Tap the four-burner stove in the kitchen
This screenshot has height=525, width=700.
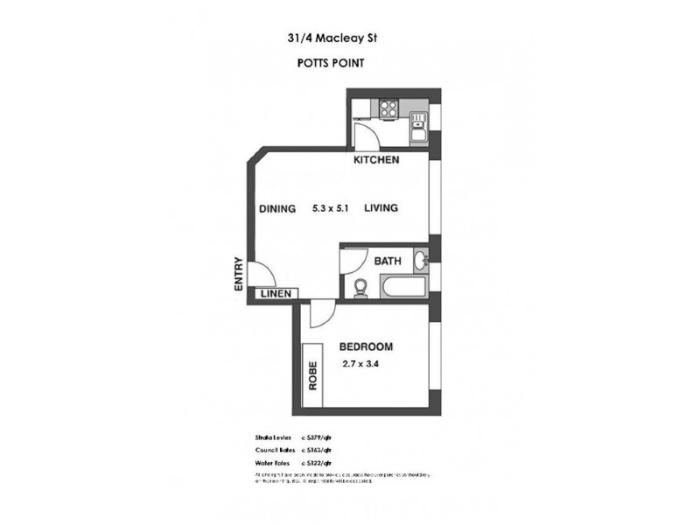(x=388, y=109)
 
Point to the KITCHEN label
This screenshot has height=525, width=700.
(x=376, y=160)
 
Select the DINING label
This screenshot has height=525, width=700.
(x=279, y=208)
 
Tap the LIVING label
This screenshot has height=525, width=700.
(x=381, y=208)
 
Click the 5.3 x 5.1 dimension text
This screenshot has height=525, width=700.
(x=331, y=208)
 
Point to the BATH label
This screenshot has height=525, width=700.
(x=387, y=261)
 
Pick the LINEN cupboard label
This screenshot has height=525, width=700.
(x=277, y=294)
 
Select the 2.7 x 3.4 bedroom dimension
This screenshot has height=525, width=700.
(x=361, y=367)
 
